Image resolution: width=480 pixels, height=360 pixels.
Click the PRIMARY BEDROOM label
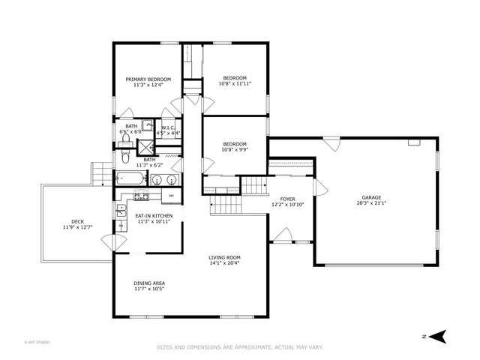(x=148, y=79)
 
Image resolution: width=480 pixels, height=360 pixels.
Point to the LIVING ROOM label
(x=224, y=257)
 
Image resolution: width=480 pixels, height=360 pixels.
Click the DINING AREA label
(x=149, y=283)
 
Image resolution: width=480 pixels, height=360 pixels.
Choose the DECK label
(x=77, y=221)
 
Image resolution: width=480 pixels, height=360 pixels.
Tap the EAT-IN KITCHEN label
(x=154, y=216)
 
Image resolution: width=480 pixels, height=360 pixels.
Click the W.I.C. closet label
(x=168, y=127)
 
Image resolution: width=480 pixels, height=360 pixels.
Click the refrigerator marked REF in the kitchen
(x=171, y=196)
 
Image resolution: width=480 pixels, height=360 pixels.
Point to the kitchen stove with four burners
(x=139, y=196)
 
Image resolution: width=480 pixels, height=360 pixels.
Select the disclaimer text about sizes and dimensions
(x=240, y=347)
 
